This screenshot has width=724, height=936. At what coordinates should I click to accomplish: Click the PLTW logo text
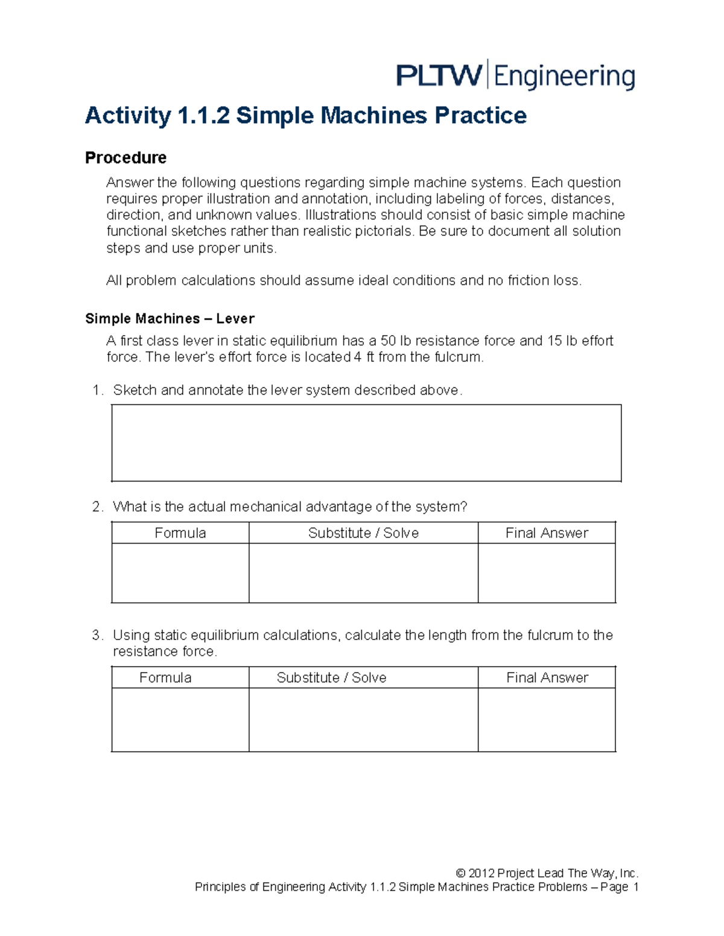439,76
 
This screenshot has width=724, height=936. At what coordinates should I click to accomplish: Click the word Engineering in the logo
565,77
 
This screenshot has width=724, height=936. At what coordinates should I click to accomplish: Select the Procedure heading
125,158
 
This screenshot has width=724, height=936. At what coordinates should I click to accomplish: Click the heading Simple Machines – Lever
170,319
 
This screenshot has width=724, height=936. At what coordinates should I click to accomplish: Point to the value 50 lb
396,341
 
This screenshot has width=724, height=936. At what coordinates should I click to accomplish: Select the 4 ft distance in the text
364,357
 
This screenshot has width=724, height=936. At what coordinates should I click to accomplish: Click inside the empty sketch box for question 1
366,443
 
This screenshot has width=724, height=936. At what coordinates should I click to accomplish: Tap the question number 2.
97,507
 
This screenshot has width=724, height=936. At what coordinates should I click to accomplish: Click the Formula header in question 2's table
180,533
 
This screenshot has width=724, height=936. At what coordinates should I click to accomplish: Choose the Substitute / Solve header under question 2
363,533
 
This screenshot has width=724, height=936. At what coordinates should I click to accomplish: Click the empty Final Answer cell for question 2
547,573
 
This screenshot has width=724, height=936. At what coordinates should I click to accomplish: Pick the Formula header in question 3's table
165,677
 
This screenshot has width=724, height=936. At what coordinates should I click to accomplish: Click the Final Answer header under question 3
547,677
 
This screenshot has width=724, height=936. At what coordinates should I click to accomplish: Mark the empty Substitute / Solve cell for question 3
363,720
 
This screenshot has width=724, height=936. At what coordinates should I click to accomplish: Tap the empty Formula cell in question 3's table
180,720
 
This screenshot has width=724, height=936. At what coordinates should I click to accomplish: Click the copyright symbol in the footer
460,873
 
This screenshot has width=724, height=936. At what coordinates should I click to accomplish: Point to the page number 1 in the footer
635,887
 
